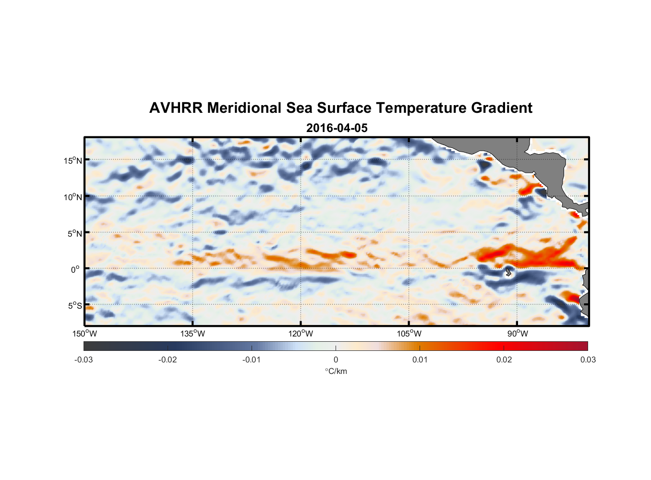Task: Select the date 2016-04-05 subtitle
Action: pos(337,128)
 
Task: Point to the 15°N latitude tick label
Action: pos(73,160)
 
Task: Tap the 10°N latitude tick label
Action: pos(73,197)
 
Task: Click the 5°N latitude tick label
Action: pos(75,233)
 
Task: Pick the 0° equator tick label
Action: pos(75,269)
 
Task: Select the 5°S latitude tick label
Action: pos(75,306)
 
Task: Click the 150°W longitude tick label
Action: pos(84,334)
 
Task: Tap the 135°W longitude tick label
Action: pos(193,334)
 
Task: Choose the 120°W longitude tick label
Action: pos(301,334)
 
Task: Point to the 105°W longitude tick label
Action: pos(409,334)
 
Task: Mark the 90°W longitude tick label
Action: pos(517,334)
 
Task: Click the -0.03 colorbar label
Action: pos(84,360)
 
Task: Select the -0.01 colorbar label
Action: pos(252,360)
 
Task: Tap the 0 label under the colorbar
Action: pos(336,360)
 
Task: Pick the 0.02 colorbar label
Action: pos(504,360)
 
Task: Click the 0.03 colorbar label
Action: pos(588,360)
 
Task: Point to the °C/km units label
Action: pos(336,371)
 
